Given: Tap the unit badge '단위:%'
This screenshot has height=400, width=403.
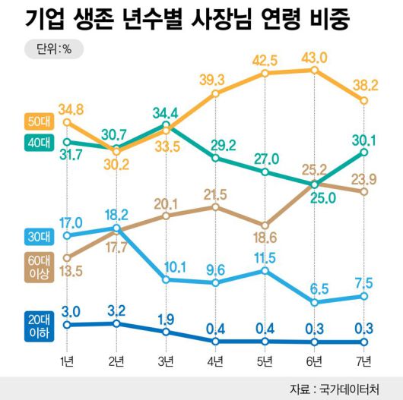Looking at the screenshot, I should [53, 51].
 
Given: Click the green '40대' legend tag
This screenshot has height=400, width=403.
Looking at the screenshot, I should [33, 142].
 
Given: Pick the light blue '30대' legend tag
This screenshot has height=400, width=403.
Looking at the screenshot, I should [33, 236].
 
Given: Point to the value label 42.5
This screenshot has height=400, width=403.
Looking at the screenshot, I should [265, 60].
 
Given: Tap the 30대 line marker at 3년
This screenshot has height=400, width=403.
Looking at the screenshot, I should [167, 279].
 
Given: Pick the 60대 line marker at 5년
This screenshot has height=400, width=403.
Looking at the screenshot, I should [265, 225].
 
